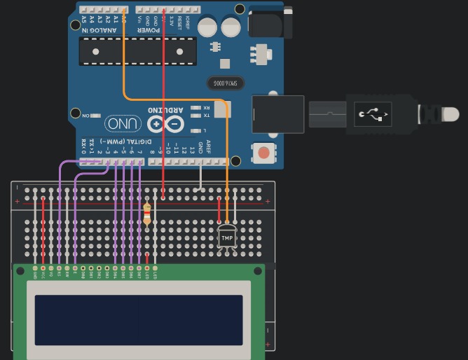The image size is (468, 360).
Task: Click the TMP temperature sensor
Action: pos(227,237)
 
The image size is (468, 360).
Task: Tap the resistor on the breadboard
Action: pos(146,214)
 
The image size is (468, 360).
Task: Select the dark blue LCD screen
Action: pos(139,319)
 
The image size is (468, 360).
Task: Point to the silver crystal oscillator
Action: pos(226,83)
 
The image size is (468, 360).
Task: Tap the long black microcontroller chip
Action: pos(137,51)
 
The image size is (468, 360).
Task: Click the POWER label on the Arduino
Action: pos(149,30)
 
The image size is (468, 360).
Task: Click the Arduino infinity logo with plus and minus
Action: pos(165,124)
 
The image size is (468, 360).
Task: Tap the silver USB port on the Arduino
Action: pos(277,113)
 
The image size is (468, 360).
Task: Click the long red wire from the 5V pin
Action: pos(163,105)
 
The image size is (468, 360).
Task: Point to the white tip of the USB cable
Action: pos(450,113)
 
